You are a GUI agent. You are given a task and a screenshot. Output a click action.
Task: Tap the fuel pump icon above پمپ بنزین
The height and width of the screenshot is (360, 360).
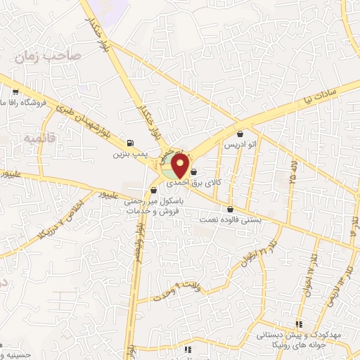[x=131, y=141]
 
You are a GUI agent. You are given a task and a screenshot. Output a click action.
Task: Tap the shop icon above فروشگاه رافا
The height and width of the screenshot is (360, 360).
[x=15, y=91]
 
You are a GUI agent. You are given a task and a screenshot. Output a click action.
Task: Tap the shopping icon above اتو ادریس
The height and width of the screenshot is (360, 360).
[x=240, y=134]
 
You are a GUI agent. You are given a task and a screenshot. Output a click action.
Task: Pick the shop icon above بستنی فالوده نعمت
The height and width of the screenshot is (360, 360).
[x=230, y=208]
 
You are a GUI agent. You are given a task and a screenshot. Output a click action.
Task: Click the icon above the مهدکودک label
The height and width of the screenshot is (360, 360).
[x=300, y=325]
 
